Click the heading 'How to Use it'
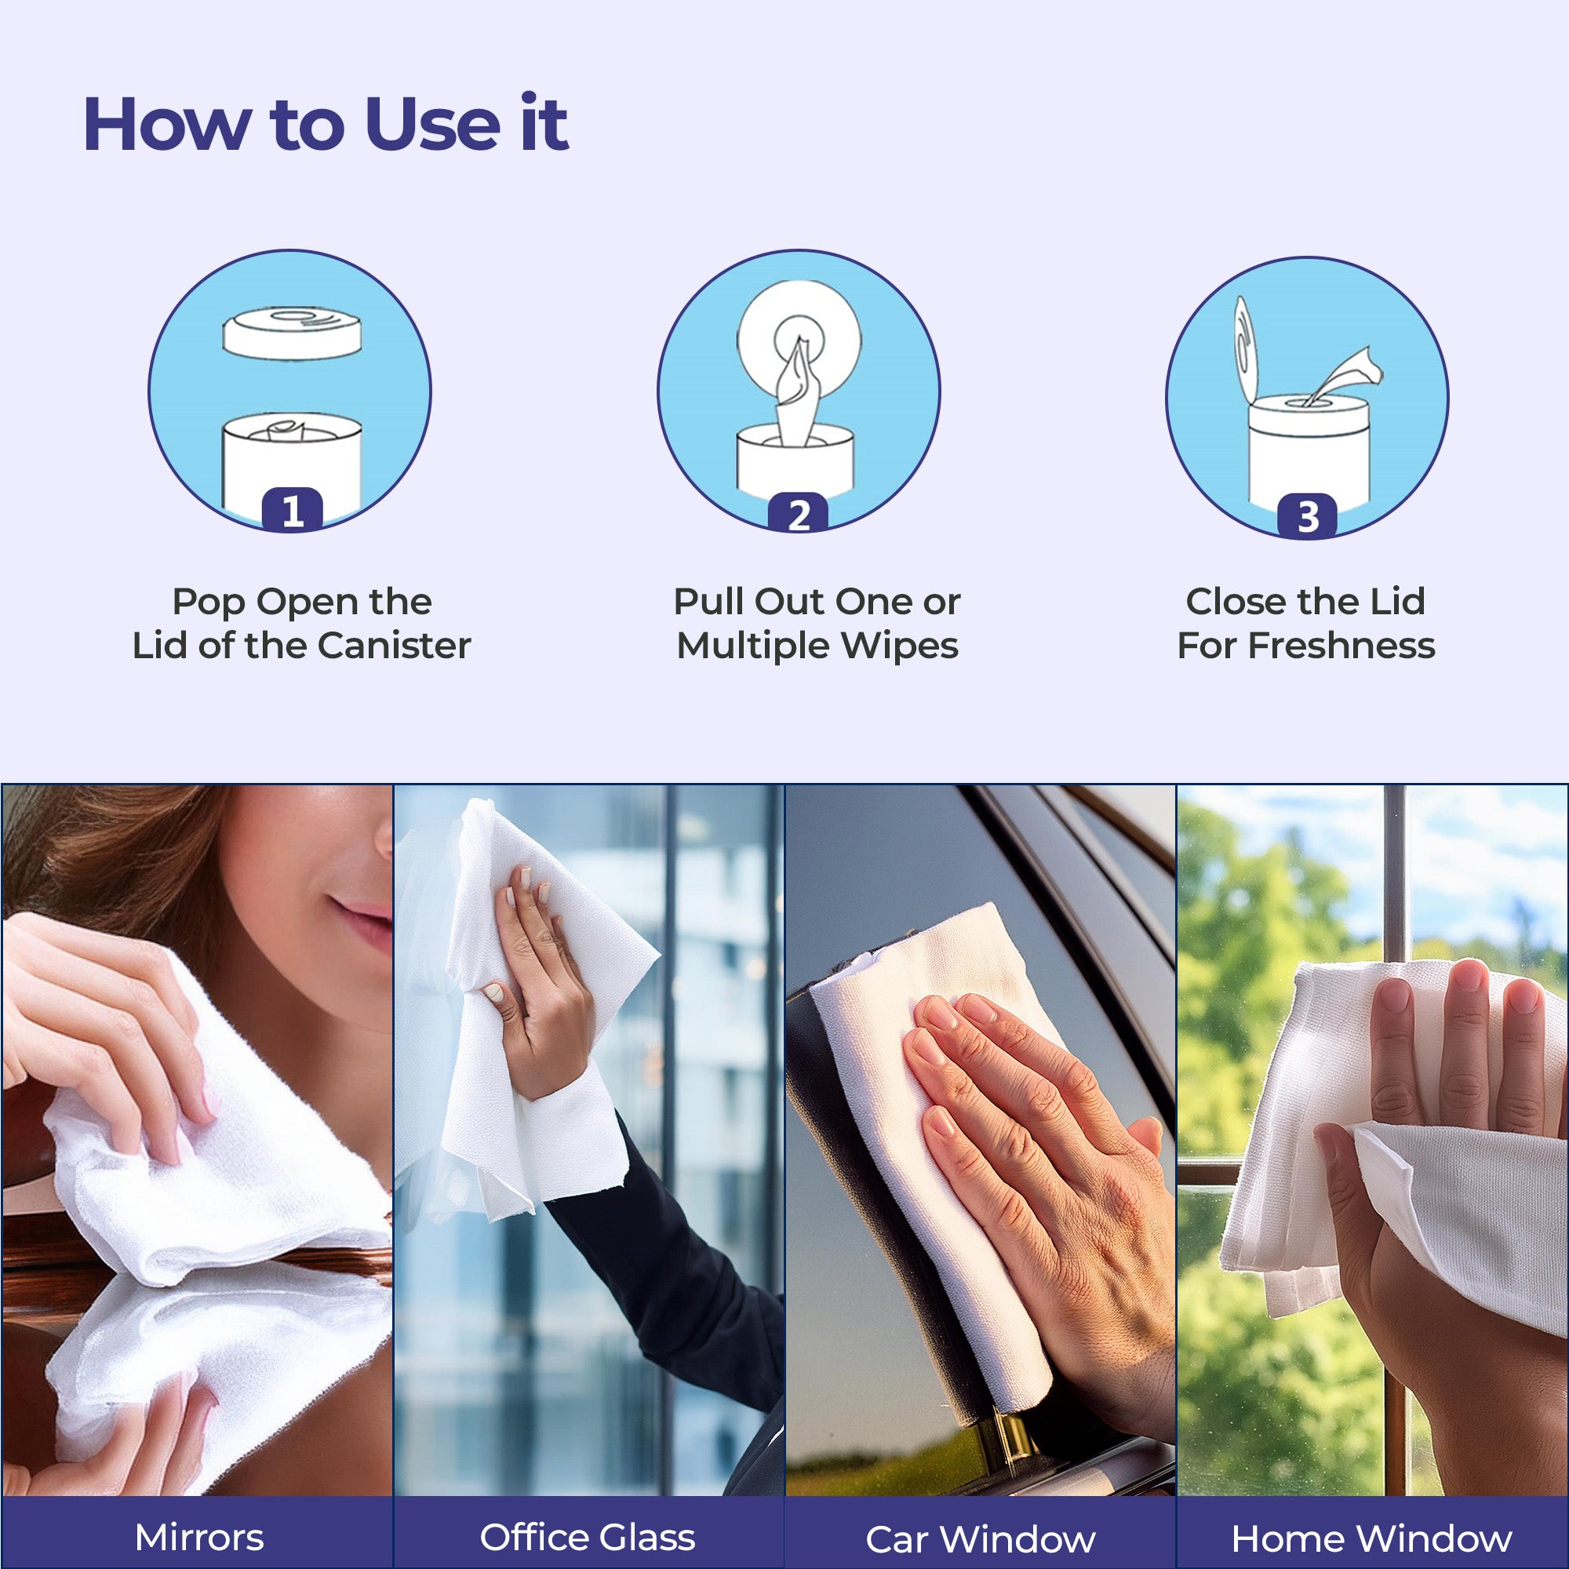point(326,124)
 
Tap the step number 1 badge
point(293,510)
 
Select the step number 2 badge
point(799,513)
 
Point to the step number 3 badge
point(1307,515)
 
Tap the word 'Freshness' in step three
point(1341,646)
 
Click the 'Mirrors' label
point(199,1538)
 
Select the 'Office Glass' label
point(587,1538)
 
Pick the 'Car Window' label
point(980,1539)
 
